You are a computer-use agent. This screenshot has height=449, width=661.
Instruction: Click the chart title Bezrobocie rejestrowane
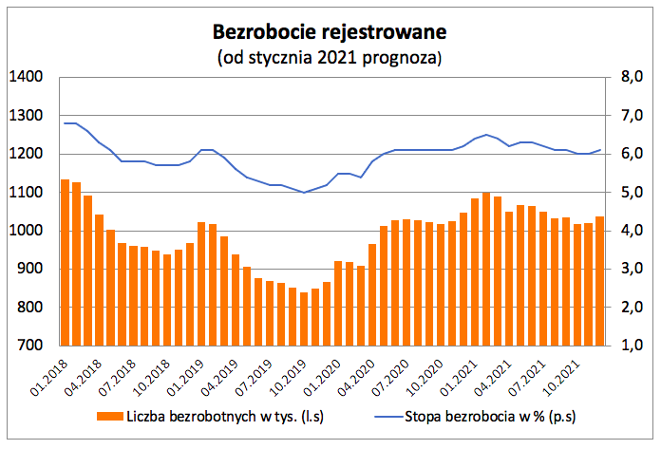pos(330,31)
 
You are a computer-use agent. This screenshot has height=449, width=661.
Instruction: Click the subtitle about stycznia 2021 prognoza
pos(330,58)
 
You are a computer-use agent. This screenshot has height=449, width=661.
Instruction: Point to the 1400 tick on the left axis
pos(26,77)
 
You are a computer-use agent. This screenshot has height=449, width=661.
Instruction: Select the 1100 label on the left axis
pos(26,193)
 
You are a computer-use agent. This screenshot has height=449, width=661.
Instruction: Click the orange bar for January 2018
pos(65,262)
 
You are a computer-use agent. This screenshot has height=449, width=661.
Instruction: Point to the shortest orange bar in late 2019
pos(304,319)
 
